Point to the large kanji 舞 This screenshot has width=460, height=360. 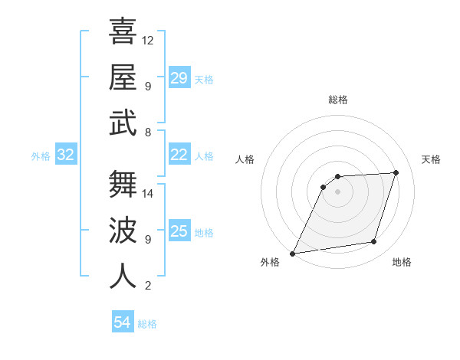pos(123,184)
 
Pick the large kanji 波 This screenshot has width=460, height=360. pos(123,230)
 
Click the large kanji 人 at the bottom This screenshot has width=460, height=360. pos(123,276)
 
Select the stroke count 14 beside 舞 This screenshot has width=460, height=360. pos(148,193)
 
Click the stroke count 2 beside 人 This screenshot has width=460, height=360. pos(147,286)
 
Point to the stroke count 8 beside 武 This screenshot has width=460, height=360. pos(147,133)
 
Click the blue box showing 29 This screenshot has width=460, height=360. pos(179,78)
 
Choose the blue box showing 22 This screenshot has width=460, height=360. pos(179,155)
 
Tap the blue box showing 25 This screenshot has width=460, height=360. pos(179,231)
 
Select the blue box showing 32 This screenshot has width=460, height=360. pos(66,155)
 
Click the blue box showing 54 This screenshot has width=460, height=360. pos(123,322)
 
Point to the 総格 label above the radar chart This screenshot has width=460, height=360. pos(337,100)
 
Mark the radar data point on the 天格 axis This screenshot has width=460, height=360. pos(396,172)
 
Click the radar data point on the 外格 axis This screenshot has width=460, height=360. pos(292,253)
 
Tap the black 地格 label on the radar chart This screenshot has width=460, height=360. pos(402,263)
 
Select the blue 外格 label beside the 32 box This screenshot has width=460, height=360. pos(41,156)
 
